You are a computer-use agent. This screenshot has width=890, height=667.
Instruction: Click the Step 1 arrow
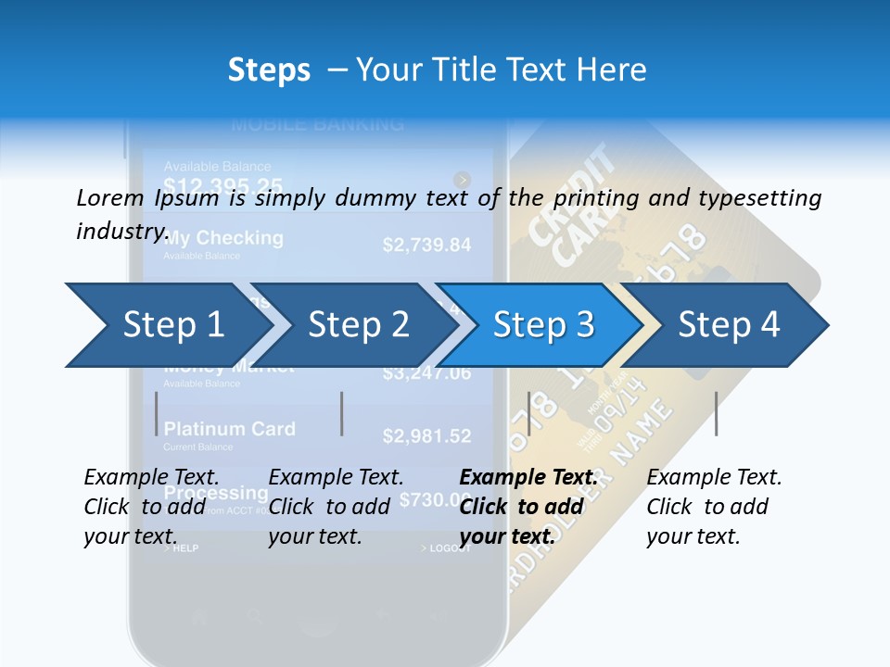pyautogui.click(x=167, y=325)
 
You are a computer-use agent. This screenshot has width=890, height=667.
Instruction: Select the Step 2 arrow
pyautogui.click(x=357, y=325)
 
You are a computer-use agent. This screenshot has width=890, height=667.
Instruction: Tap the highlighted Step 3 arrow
pyautogui.click(x=543, y=325)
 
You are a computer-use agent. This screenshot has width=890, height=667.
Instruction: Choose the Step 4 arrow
pyautogui.click(x=729, y=325)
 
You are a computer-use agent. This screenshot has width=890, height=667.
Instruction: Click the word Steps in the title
pyautogui.click(x=269, y=69)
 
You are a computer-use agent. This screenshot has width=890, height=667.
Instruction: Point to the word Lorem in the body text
pyautogui.click(x=109, y=197)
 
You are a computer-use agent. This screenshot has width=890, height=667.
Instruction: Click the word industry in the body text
pyautogui.click(x=121, y=231)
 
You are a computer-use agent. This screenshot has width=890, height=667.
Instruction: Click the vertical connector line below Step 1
pyautogui.click(x=157, y=413)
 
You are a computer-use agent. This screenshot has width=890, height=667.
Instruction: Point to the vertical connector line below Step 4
pyautogui.click(x=716, y=413)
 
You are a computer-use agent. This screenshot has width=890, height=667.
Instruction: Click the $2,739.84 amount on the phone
pyautogui.click(x=426, y=245)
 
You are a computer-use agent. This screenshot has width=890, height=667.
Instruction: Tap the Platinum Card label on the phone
pyautogui.click(x=229, y=429)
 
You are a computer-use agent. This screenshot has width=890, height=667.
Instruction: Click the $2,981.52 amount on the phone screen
pyautogui.click(x=426, y=435)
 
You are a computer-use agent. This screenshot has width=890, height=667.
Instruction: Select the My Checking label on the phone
pyautogui.click(x=223, y=238)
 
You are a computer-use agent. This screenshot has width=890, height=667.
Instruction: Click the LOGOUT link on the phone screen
pyautogui.click(x=449, y=548)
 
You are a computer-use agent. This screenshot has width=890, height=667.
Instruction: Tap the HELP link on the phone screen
pyautogui.click(x=184, y=548)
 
